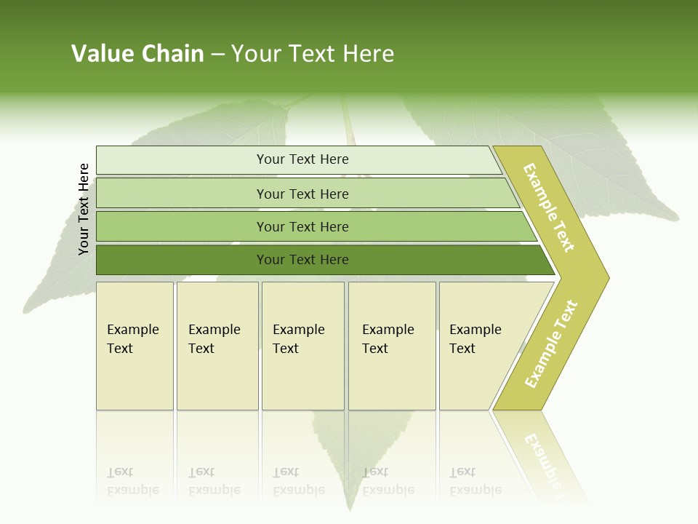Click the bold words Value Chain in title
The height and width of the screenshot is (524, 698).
pos(137,54)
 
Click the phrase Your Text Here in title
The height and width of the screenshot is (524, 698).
pos(313,54)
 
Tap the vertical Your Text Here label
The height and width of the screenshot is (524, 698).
pos(84,209)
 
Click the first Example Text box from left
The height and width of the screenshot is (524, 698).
pos(135,346)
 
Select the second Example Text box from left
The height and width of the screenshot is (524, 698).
pos(217,346)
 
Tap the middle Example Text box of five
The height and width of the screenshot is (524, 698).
pos(302,346)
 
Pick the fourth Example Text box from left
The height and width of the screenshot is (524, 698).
pos(391,346)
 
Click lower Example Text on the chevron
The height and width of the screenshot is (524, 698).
pos(551,344)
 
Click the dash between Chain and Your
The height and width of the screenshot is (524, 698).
pos(217,55)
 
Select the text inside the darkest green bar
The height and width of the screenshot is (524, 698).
pos(302,260)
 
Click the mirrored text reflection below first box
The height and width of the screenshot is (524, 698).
pos(133,481)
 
